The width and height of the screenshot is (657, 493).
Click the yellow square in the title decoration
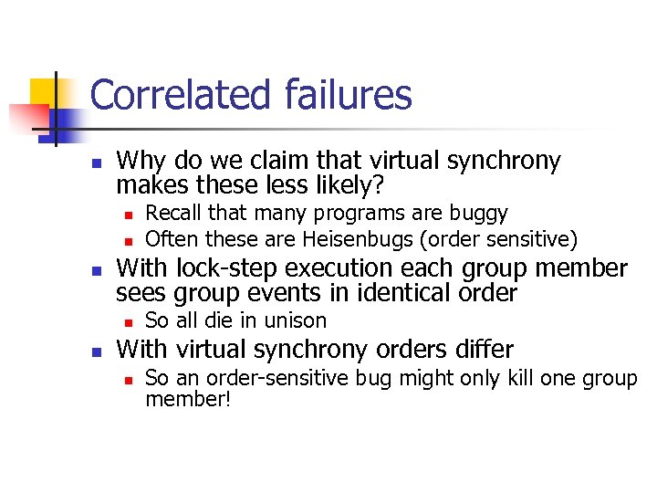45,91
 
